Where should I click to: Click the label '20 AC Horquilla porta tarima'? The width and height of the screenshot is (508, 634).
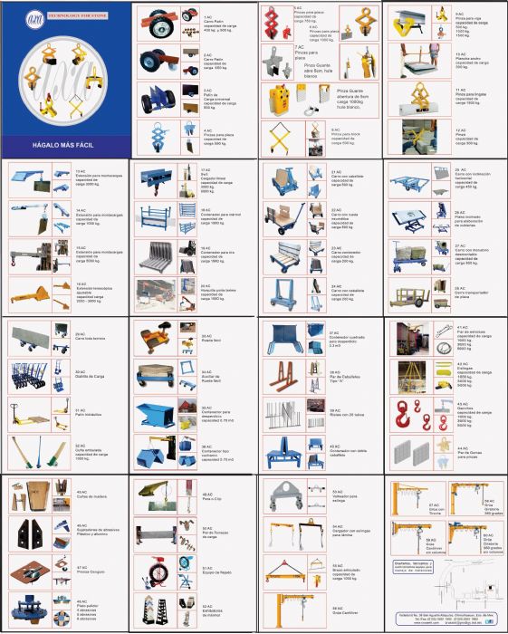point(214,291)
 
